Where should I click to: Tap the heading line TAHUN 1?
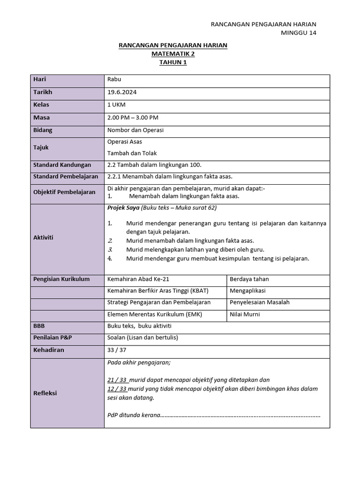tap(172, 62)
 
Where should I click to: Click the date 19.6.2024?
tap(122, 92)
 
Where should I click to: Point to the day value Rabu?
tap(114, 80)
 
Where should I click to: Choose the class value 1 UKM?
tap(117, 105)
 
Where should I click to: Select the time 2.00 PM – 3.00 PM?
tap(133, 117)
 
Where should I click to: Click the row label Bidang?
tap(43, 130)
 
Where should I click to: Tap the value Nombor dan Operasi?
tap(135, 130)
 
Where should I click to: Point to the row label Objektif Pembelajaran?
tap(64, 192)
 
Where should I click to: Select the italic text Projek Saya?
tap(120, 208)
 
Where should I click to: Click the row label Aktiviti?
tap(43, 237)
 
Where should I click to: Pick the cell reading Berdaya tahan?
tap(249, 279)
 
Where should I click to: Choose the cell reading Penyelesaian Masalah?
tap(259, 302)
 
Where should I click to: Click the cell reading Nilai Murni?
tap(244, 314)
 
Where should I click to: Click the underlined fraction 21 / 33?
tap(117, 380)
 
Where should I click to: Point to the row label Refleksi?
tap(45, 393)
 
